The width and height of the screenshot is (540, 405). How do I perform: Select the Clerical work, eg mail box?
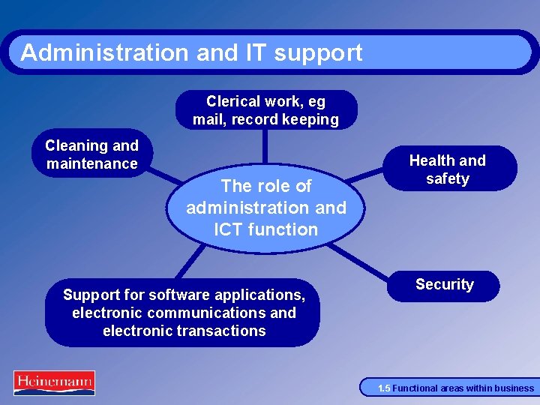(265, 110)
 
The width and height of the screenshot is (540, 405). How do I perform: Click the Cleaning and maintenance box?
(91, 154)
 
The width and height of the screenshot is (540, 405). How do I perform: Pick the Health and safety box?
(447, 169)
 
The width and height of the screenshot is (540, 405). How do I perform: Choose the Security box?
(444, 285)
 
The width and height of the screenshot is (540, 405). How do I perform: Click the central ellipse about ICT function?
(266, 207)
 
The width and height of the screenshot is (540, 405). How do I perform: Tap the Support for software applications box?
(184, 313)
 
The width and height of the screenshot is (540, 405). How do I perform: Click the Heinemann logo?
(54, 382)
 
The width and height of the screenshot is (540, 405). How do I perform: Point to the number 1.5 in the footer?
(383, 388)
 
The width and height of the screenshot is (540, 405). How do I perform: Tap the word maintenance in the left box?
(91, 163)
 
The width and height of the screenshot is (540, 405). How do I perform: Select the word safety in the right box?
(447, 178)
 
